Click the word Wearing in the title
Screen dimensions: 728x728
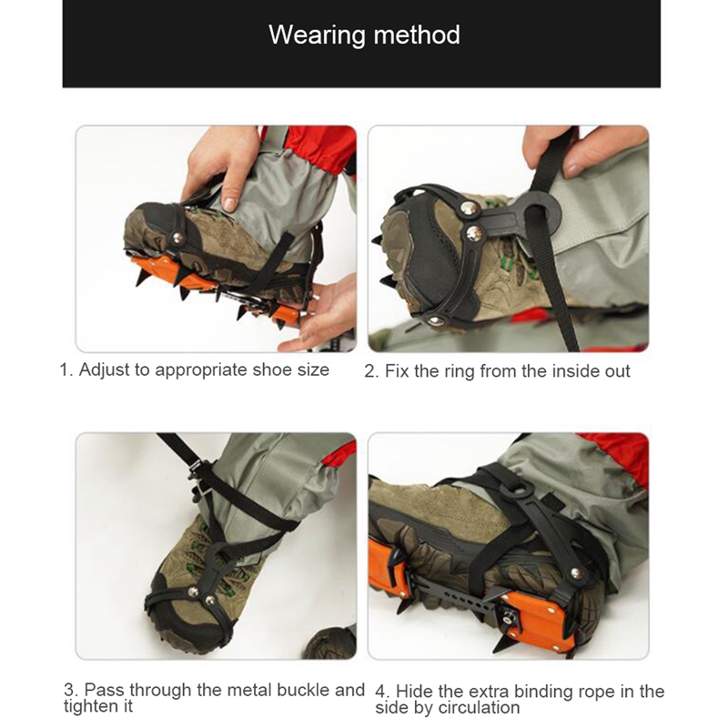[317, 35]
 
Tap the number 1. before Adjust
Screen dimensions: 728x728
[66, 370]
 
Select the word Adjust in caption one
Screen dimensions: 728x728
[104, 370]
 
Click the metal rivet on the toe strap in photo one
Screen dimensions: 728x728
[177, 238]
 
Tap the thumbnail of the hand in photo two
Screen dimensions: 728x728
[572, 170]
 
